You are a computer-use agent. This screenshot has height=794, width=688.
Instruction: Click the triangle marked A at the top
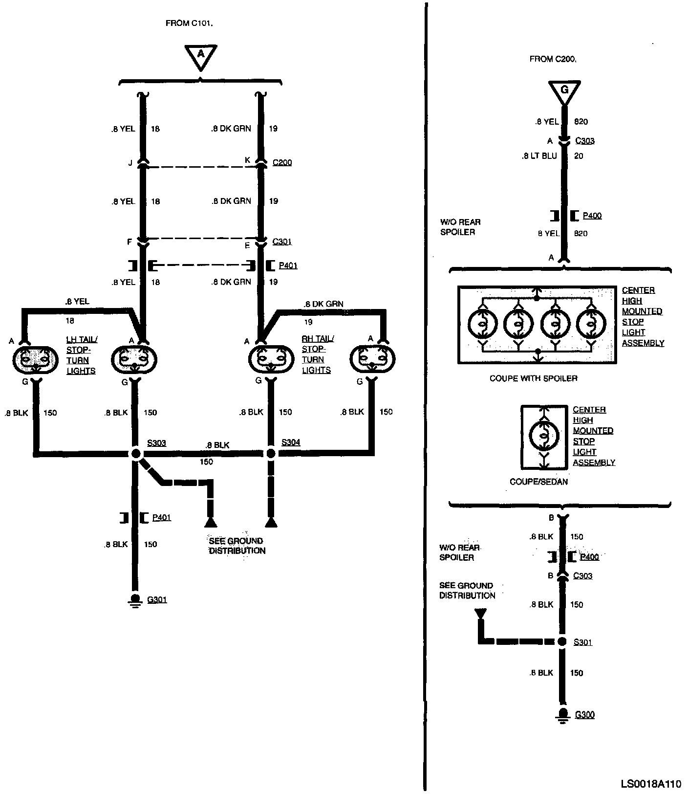point(200,57)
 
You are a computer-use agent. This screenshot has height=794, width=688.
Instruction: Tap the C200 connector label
point(282,162)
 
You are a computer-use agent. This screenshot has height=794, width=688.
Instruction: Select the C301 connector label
point(282,242)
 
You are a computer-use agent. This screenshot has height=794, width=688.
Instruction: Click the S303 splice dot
point(136,454)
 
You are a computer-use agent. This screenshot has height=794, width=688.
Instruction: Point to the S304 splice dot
point(270,454)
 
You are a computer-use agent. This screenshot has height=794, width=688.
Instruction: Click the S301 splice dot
point(562,641)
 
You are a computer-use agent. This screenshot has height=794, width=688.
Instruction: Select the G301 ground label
point(157,599)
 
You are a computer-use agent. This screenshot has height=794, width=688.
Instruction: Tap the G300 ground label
point(584,715)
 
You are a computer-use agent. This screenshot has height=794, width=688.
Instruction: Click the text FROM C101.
point(190,23)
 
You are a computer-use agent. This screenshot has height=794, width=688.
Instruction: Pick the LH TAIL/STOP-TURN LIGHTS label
point(81,355)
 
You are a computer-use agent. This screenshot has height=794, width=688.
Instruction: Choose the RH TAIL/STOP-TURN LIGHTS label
point(317,354)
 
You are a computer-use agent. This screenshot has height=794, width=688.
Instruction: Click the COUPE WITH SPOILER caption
point(533,378)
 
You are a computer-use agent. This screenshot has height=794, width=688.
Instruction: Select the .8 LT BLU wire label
point(539,156)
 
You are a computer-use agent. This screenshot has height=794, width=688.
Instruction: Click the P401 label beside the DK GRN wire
point(288,266)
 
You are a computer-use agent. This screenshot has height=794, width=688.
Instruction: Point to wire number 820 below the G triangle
point(580,122)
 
